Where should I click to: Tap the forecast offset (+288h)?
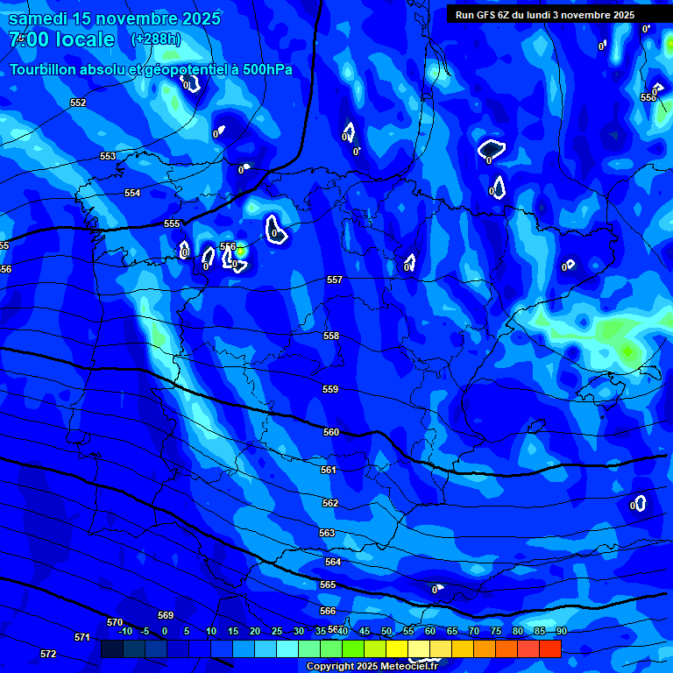(x=155, y=39)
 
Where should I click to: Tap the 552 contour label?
(x=78, y=103)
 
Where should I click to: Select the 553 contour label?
(x=108, y=157)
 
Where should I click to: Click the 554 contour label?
(x=132, y=194)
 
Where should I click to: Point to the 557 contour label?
(x=335, y=280)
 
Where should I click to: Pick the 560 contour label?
(x=331, y=433)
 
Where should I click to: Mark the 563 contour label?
(x=327, y=534)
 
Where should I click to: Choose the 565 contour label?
(x=328, y=585)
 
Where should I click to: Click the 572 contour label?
(x=48, y=655)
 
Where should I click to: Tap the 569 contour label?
(x=166, y=616)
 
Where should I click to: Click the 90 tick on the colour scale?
(x=561, y=632)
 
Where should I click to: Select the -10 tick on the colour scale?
(x=124, y=632)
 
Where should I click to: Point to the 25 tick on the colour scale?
(x=277, y=632)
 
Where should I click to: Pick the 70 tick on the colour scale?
(x=474, y=632)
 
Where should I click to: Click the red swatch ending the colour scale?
(x=550, y=649)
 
